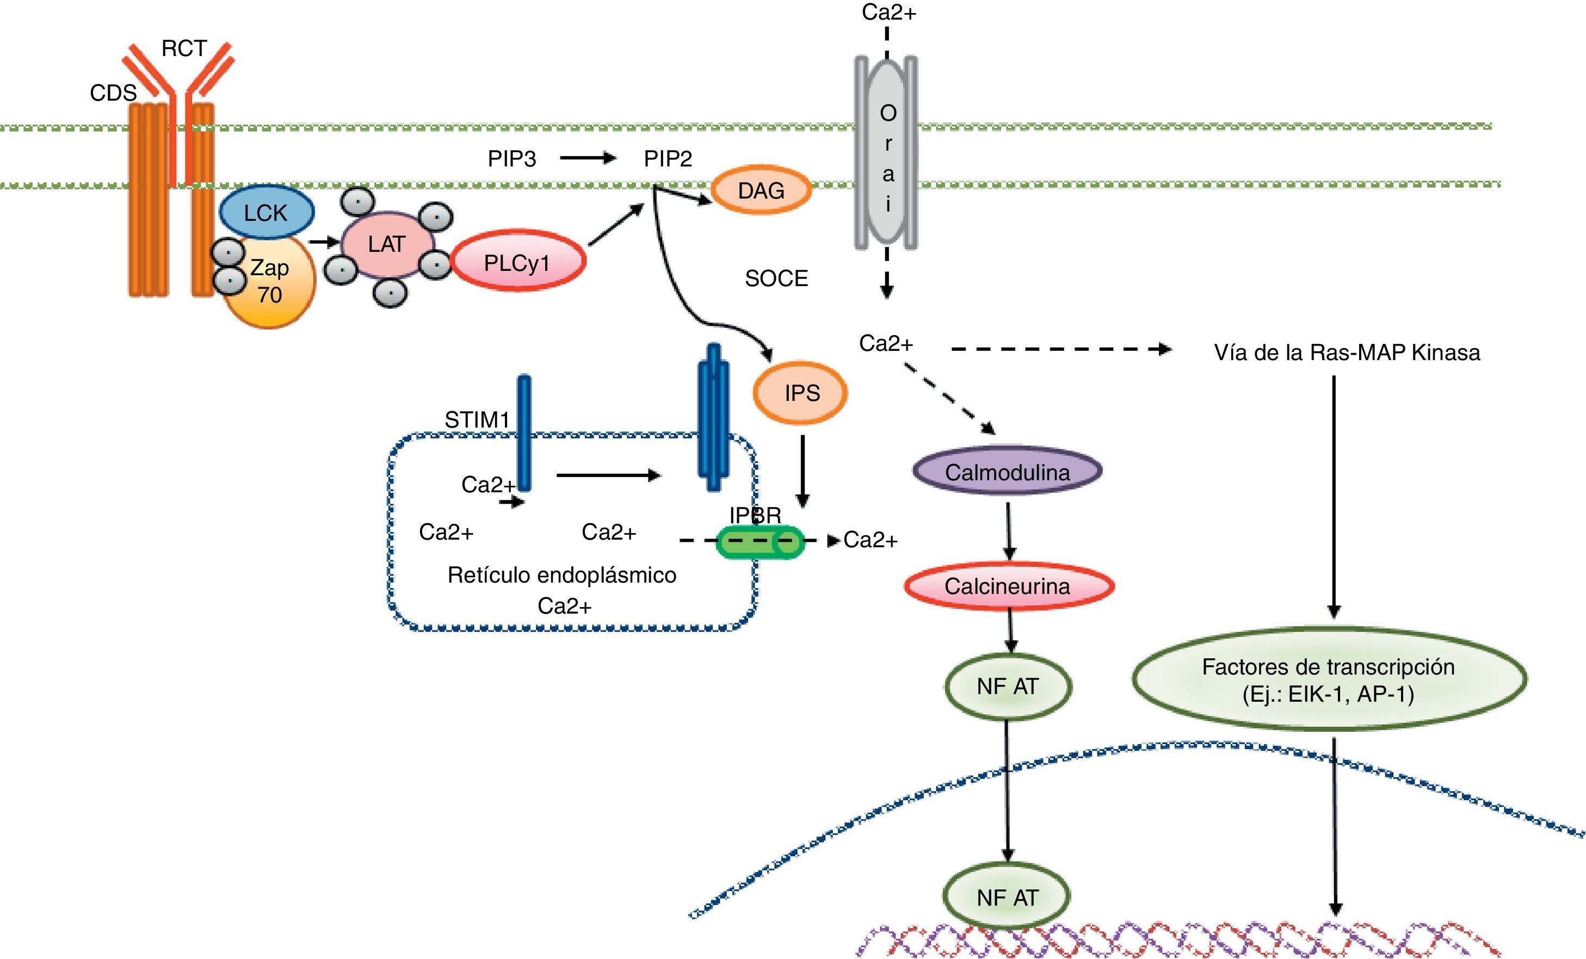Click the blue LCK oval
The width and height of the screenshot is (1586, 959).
267,212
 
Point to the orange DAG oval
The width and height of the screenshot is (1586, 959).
761,190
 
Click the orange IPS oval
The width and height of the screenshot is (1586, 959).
801,393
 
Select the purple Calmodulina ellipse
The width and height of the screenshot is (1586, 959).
1007,472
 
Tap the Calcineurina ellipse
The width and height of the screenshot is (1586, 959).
1008,586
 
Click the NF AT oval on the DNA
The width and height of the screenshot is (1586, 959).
1007,896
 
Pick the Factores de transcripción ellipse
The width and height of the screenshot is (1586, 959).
1329,679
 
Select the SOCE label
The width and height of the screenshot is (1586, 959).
776,278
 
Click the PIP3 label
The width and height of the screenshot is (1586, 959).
512,158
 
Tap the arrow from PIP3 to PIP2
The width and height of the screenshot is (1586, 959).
587,158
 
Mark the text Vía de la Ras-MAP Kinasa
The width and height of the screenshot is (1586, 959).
1347,352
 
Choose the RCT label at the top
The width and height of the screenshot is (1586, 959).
184,48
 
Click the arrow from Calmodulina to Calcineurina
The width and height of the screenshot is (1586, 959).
1009,530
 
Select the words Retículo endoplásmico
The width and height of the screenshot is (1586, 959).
562,575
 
